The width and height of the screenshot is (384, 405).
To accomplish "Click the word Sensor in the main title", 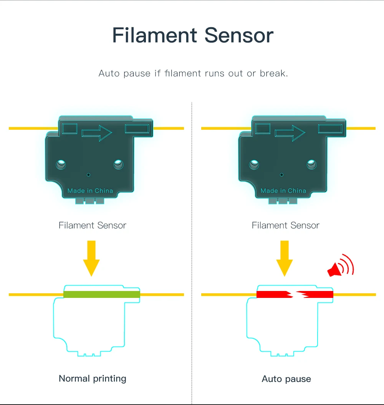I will click(x=239, y=35).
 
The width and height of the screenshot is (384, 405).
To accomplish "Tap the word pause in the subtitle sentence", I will click(x=137, y=73).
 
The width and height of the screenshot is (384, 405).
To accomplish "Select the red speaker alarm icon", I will click(x=340, y=266).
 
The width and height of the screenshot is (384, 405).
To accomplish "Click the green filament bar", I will click(x=101, y=294).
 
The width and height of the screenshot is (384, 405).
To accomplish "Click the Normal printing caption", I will click(x=93, y=379).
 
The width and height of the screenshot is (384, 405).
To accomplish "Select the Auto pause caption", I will click(x=286, y=379).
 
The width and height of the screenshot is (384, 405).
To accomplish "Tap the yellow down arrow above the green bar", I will click(x=91, y=258).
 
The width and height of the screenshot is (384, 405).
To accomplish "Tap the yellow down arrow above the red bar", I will click(x=285, y=258).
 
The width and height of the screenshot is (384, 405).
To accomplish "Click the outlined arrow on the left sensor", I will click(x=96, y=133).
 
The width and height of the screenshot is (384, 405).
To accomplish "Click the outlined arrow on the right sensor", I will click(x=290, y=133).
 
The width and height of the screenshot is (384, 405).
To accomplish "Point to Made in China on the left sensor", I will click(x=90, y=191).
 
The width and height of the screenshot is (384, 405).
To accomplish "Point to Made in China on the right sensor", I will click(x=283, y=191).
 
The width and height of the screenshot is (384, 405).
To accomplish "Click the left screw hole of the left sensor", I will click(x=61, y=165).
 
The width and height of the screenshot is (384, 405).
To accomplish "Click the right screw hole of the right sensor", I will click(x=311, y=165).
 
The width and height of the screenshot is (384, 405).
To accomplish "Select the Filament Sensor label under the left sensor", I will click(x=93, y=225).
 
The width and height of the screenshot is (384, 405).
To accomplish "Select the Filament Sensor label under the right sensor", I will click(x=286, y=225).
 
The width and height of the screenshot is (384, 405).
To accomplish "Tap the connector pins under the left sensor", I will click(x=90, y=201).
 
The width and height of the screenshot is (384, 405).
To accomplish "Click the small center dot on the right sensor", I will click(x=282, y=175).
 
